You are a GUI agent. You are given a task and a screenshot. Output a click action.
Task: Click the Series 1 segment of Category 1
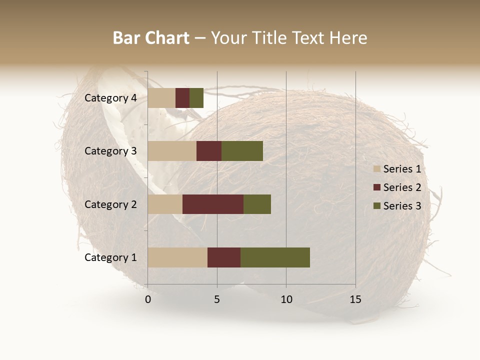coord(177,257)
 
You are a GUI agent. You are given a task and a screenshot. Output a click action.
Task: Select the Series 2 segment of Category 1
coord(224,257)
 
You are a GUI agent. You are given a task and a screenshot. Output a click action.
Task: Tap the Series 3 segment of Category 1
coord(275,257)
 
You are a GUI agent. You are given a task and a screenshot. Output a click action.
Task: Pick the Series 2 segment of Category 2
coord(213,204)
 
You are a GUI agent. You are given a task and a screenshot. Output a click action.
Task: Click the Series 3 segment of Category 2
coord(257,204)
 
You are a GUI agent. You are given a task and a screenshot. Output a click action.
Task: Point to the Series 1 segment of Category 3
coord(172,151)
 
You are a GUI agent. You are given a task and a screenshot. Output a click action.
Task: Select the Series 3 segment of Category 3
coord(242,151)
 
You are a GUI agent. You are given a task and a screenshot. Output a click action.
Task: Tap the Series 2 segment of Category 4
coord(182,98)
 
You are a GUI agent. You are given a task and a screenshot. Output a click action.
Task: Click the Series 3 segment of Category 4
coord(196,98)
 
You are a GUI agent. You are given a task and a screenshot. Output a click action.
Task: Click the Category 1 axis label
coord(110,257)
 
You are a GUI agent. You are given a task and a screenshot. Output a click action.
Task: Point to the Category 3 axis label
coord(110,151)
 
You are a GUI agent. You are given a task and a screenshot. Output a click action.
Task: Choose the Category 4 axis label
coord(110,98)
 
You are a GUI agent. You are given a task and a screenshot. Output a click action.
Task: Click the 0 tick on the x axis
coord(148,299)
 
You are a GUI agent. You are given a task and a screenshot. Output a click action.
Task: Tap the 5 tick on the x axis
coord(217,299)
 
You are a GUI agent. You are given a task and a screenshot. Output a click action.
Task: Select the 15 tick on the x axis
coord(355,299)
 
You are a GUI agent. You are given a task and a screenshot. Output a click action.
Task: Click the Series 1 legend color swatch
coord(377,169)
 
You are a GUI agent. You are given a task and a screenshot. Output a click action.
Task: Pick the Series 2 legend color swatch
coord(377,187)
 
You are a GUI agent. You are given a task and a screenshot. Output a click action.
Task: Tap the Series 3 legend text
coord(402,206)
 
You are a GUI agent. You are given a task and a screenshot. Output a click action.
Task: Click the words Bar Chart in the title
coord(151,38)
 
